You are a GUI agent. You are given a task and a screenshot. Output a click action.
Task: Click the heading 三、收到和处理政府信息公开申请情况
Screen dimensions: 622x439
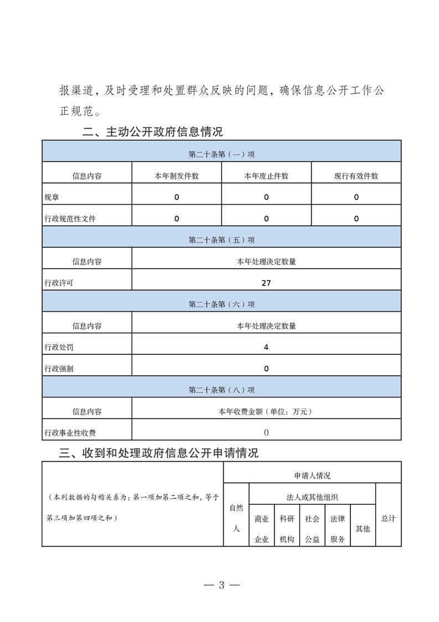pos(159,453)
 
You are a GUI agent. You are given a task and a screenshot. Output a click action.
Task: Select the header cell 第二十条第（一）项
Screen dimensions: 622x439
pos(221,154)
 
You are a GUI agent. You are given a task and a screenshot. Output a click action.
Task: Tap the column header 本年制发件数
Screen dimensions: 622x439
pos(177,176)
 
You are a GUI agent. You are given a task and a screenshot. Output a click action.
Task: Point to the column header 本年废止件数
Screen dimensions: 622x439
pos(266,176)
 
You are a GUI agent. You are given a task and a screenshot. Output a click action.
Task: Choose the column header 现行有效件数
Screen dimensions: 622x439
pos(356,176)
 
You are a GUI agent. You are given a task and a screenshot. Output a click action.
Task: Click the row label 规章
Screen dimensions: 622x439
pos(52,197)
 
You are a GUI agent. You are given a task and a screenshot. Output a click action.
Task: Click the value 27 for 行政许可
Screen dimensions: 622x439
pos(266,283)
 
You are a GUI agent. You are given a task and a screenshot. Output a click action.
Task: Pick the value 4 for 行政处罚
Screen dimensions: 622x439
pos(266,347)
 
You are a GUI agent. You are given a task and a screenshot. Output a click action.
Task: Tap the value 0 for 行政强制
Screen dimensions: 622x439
pos(266,368)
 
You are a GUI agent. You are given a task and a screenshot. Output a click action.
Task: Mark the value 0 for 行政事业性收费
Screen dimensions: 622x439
pos(266,432)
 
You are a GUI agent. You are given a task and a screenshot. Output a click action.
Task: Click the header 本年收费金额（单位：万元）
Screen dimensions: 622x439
pos(266,411)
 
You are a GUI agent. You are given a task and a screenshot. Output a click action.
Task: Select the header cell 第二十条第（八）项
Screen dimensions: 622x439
pos(221,390)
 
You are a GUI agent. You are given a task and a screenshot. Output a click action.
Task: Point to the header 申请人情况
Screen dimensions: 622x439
pos(312,476)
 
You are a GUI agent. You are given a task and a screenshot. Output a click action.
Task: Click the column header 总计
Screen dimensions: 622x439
pos(389,518)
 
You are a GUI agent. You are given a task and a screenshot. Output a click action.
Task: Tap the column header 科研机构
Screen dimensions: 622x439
pos(287,529)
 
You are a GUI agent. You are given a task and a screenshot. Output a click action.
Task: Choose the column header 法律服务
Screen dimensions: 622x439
pos(338,529)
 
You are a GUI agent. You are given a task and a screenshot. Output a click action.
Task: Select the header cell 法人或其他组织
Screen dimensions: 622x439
pos(312,497)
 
